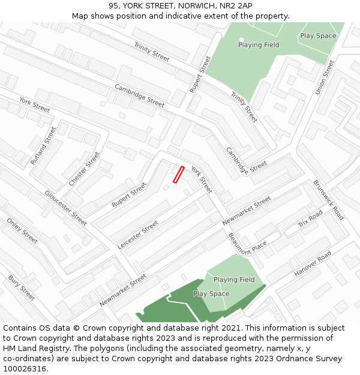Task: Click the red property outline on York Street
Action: [x=178, y=175]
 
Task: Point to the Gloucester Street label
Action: [x=66, y=208]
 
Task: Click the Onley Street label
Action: [x=22, y=230]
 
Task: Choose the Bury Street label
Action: [x=22, y=287]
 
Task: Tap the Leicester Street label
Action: [x=138, y=235]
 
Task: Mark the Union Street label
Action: [x=325, y=77]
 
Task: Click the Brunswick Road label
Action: [x=328, y=200]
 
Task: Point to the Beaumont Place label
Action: [x=247, y=244]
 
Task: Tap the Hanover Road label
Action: [x=313, y=264]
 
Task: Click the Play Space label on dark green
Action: [x=211, y=294]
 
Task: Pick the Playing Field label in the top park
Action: [x=259, y=45]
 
